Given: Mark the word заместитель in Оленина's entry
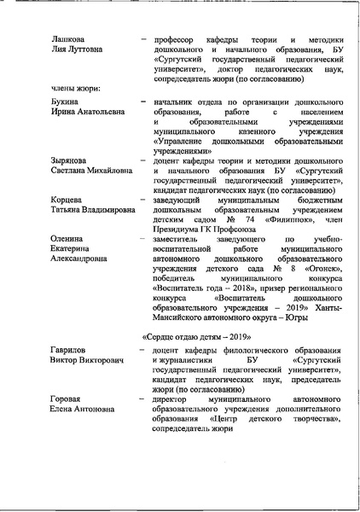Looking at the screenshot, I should coord(177,240).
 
